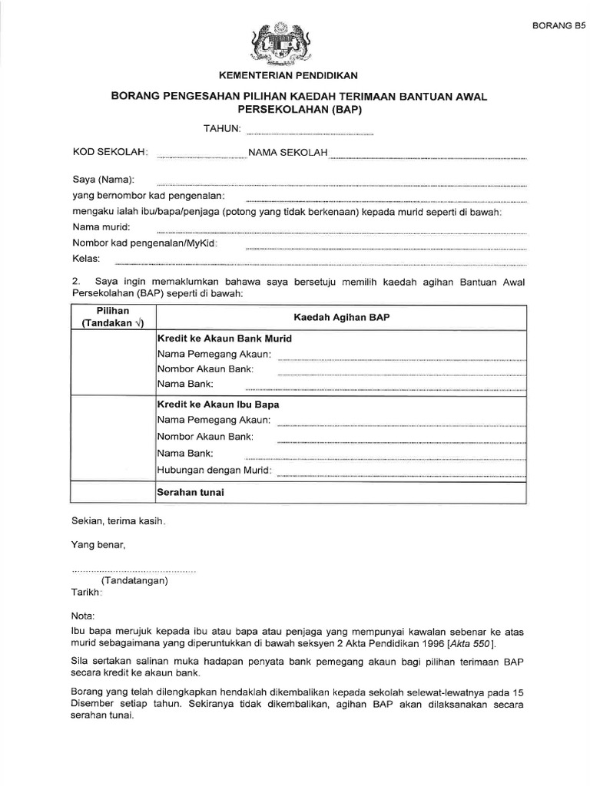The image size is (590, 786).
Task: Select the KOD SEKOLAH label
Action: tap(111, 153)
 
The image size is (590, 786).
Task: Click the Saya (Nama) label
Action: tap(104, 180)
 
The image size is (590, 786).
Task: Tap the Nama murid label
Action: tap(101, 226)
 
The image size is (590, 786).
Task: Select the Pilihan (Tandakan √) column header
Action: tap(113, 317)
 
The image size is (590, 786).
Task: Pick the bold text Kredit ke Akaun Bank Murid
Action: tap(224, 339)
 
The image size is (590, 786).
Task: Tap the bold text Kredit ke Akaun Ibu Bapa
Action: tap(218, 404)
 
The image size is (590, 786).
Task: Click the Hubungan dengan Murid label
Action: tap(214, 470)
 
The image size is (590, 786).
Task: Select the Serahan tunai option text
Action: tap(191, 492)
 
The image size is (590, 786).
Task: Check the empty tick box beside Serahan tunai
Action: tap(113, 492)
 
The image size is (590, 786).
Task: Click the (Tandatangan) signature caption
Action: tap(134, 581)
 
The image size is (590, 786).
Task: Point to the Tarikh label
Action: tap(87, 593)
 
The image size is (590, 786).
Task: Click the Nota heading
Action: tap(83, 616)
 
